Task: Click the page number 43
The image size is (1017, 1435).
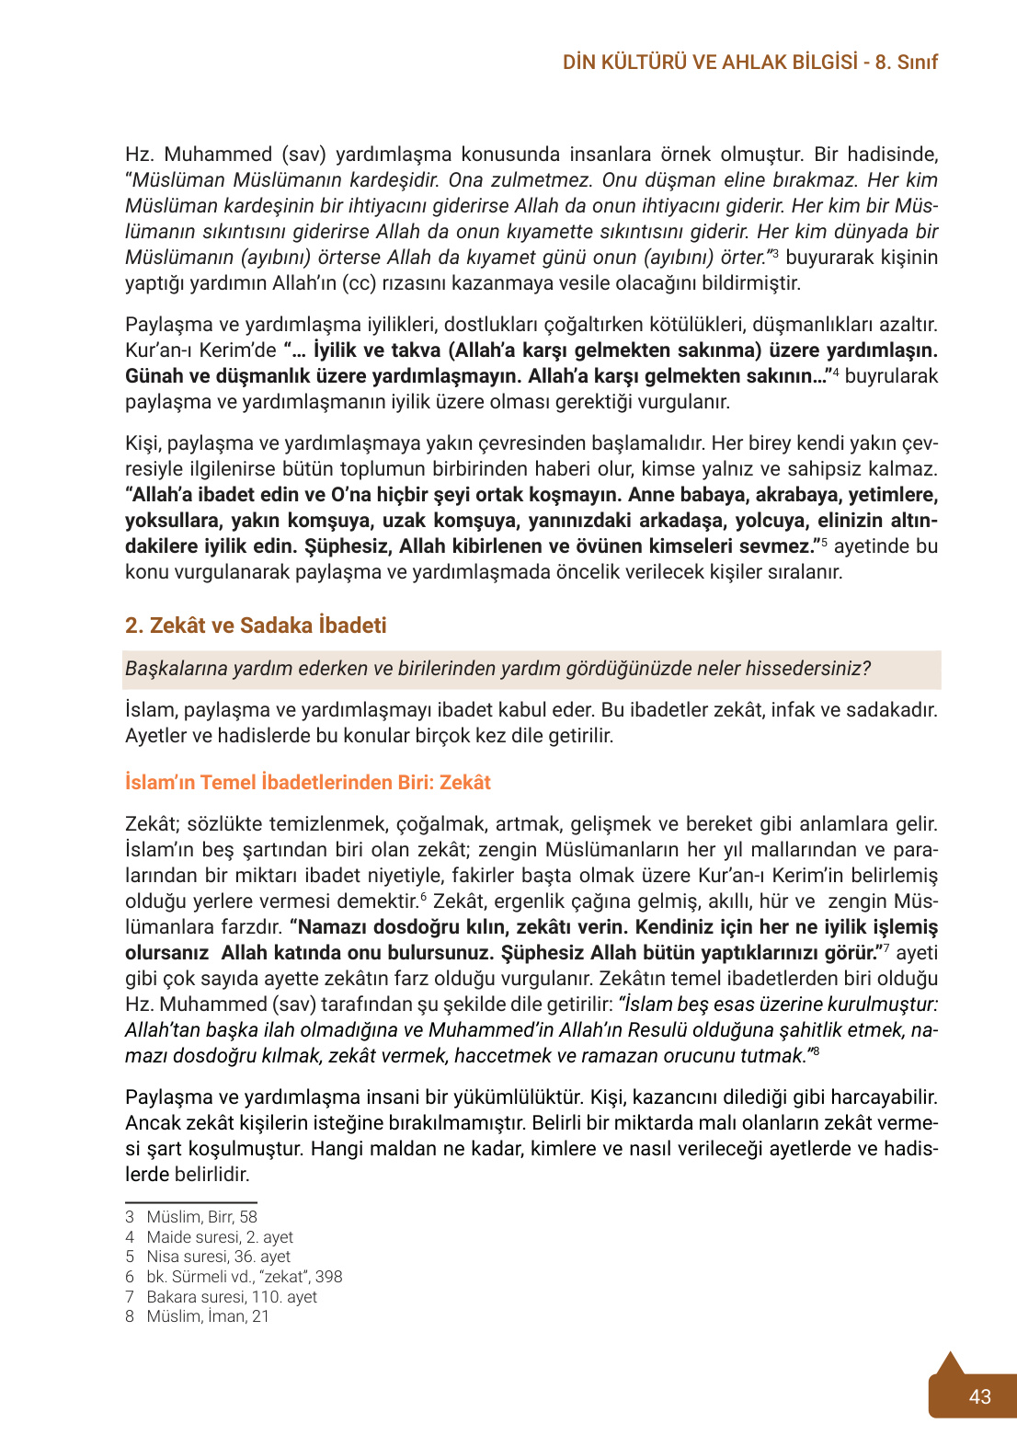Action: click(979, 1395)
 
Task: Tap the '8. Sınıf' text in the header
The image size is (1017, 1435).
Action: click(907, 63)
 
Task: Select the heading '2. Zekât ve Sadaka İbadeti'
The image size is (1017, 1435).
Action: click(256, 626)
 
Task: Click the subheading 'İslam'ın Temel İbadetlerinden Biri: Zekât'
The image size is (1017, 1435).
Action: click(308, 782)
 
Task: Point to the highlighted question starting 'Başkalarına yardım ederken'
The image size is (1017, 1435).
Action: click(497, 669)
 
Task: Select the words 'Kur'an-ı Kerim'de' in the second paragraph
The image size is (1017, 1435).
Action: click(200, 350)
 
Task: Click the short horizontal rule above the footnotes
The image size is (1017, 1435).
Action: click(190, 1201)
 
